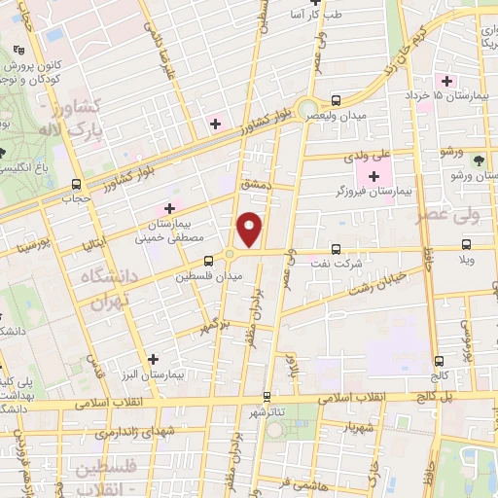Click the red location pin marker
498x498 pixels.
click(x=251, y=230)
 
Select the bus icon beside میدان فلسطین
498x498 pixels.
click(x=208, y=261)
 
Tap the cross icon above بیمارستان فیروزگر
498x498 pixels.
click(x=373, y=175)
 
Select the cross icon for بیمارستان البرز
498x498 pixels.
click(x=152, y=358)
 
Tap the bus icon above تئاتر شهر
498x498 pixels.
click(x=267, y=396)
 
